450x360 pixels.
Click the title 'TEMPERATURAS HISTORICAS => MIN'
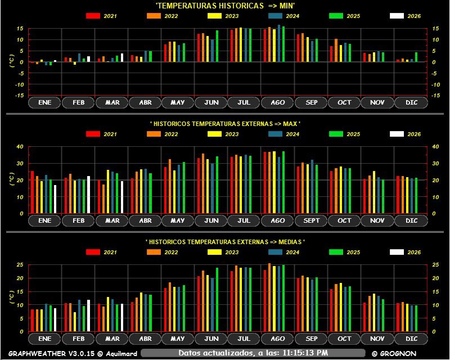226,5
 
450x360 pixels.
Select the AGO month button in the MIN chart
277,103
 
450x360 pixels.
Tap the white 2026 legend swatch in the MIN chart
397,16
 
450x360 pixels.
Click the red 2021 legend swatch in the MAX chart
93,134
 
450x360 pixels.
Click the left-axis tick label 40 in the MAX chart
20,147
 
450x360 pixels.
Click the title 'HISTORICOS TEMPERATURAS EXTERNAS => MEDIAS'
226,241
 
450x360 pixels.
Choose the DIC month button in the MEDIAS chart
411,339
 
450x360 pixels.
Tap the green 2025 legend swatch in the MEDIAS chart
336,252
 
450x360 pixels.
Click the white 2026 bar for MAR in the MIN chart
122,57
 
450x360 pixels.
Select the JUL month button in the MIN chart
244,103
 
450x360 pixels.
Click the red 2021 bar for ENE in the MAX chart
32,192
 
